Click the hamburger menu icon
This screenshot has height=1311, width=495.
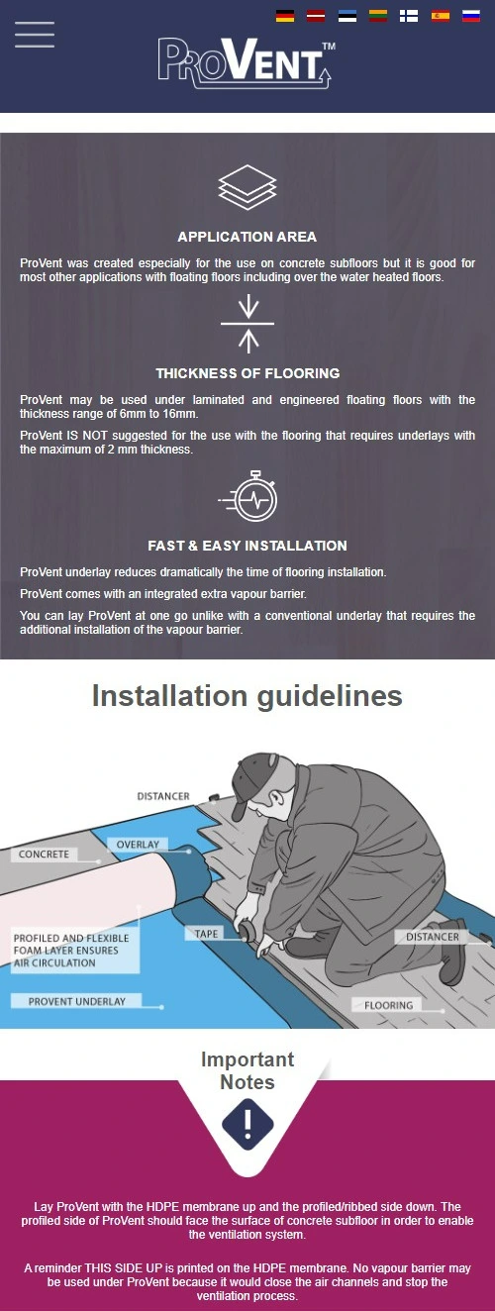(35, 35)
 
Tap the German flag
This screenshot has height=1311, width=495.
(285, 16)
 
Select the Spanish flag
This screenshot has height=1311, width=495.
(440, 16)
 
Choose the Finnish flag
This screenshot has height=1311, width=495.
(409, 16)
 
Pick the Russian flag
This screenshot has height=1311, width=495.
(471, 16)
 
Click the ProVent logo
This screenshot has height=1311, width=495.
(247, 63)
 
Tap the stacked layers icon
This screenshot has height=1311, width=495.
(247, 187)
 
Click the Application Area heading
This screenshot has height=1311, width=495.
(247, 237)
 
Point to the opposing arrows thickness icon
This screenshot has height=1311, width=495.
(248, 324)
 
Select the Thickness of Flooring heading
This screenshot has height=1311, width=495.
(247, 373)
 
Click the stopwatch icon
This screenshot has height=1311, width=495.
(248, 496)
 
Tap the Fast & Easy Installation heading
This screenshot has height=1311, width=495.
(247, 546)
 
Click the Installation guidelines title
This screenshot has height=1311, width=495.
(247, 696)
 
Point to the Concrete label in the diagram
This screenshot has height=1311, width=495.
(44, 854)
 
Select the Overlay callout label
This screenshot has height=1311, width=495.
(138, 844)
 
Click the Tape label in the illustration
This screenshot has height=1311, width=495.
(206, 934)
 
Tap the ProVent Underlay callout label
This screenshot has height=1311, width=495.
(76, 1001)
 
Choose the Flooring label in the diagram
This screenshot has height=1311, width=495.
(388, 1005)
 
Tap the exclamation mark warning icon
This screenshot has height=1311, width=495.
(247, 1124)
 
